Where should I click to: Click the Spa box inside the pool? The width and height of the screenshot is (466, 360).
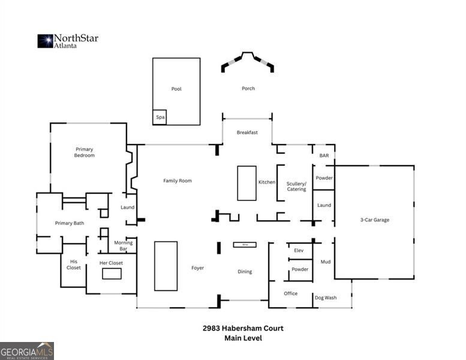coord(160,118)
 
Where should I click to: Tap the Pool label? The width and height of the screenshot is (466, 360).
coord(176,89)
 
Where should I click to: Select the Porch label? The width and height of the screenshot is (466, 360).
coord(248,88)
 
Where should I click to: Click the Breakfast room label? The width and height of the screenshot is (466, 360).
coord(247,132)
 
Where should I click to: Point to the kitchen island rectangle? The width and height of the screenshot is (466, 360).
coord(246,183)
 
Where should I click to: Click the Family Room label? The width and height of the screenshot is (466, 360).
coord(178,181)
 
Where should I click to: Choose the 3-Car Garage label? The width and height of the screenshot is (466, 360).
coord(375,220)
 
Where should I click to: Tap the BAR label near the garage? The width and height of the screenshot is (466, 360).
coord(324,155)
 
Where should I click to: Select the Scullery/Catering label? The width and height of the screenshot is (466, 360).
coord(296,186)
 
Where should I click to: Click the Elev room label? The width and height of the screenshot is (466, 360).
coord(299,250)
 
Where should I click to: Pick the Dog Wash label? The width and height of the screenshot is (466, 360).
coord(326,298)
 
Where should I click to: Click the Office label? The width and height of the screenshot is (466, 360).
coord(291,293)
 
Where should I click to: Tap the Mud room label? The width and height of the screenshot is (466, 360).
coord(326,262)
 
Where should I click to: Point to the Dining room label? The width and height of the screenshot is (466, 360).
coord(245,272)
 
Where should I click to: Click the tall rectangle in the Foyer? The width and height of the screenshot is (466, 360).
coord(166,266)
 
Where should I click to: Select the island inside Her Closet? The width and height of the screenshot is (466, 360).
coord(112,274)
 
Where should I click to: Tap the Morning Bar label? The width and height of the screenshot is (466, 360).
coord(124,245)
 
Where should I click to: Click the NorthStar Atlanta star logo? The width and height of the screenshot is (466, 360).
coord(46,41)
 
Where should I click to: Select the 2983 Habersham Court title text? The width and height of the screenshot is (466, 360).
coord(242,328)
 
